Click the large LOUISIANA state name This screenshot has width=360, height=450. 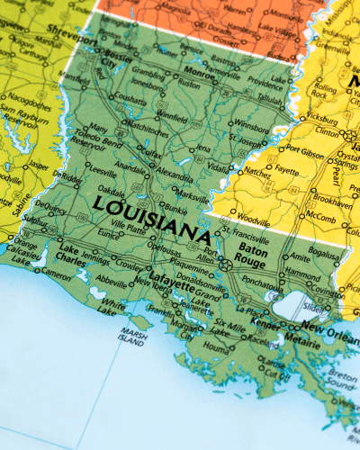(x=151, y=217)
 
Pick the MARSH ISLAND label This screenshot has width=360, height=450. (x=134, y=339)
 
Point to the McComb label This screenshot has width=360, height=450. (x=319, y=217)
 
